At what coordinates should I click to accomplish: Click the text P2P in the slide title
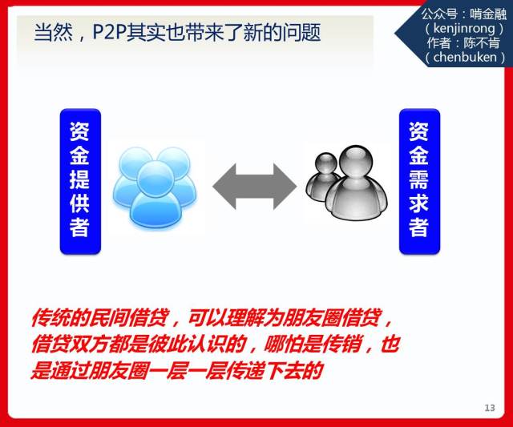[109, 32]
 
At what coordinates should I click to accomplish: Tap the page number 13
[490, 408]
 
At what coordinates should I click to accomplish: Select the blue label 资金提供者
[80, 182]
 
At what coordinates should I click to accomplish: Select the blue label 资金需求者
[419, 182]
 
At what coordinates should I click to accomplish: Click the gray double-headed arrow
[255, 187]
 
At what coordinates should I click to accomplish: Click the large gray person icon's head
[356, 162]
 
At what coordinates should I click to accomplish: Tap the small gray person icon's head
[326, 163]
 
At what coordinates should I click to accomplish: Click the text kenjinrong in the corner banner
[464, 29]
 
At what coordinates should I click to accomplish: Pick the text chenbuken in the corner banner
[465, 57]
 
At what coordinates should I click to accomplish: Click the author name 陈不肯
[481, 42]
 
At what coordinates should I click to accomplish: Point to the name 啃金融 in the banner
[488, 14]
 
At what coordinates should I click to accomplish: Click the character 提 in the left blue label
[79, 179]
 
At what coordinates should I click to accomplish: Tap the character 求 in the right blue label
[418, 203]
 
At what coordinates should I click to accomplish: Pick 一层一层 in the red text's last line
[184, 370]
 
